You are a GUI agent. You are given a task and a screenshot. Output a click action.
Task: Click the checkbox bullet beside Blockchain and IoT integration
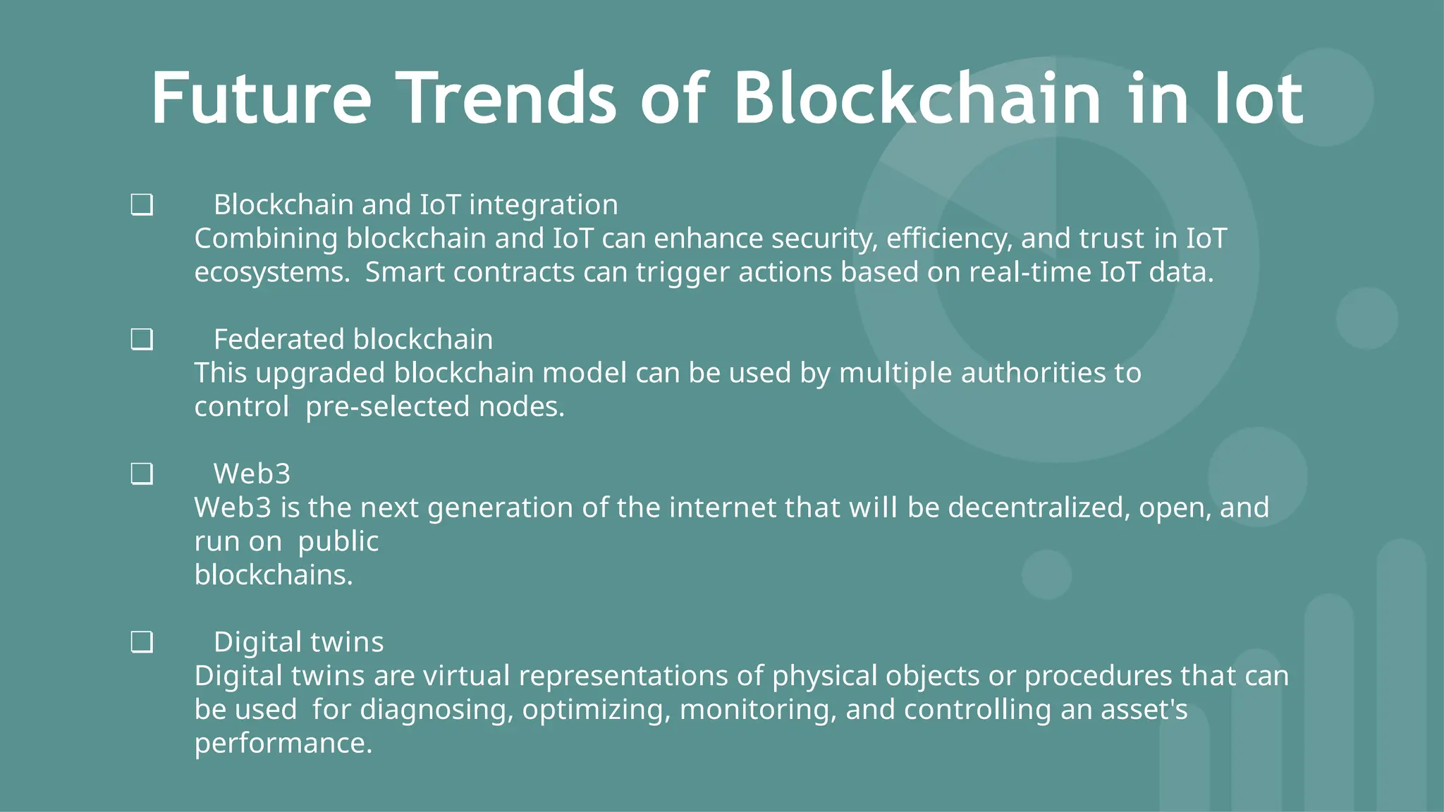142,206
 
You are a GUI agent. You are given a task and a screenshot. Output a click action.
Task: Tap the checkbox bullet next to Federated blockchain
142,340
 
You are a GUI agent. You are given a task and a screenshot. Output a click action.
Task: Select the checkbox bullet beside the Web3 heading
142,474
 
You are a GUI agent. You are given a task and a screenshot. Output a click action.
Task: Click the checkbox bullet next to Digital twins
142,643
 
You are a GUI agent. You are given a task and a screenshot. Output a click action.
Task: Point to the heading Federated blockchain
353,339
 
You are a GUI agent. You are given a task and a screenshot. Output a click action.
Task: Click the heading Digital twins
298,642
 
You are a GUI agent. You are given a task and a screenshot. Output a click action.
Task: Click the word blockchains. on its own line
274,575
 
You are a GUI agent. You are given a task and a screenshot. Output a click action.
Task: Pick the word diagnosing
436,710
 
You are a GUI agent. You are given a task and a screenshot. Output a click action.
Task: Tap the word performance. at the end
283,743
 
